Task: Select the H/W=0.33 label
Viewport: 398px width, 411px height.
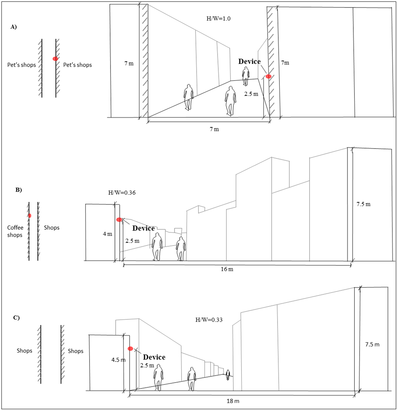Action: click(209, 320)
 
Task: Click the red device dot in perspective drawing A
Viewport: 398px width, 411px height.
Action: click(268, 76)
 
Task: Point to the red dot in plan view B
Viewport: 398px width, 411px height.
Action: click(29, 216)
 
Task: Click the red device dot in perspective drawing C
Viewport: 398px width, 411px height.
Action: click(130, 349)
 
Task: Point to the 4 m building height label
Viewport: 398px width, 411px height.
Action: click(107, 234)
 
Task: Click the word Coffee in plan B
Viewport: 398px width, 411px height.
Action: click(15, 227)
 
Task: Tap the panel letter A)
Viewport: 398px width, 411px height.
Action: click(14, 27)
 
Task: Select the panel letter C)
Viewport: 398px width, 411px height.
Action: click(16, 317)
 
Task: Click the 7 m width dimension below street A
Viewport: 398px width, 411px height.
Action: click(214, 129)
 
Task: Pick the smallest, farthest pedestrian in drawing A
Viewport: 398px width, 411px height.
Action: click(246, 76)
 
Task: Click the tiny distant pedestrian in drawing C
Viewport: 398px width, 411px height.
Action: click(228, 375)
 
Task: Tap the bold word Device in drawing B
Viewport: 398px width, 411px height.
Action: click(143, 228)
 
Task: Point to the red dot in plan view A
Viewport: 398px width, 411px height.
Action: click(55, 59)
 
